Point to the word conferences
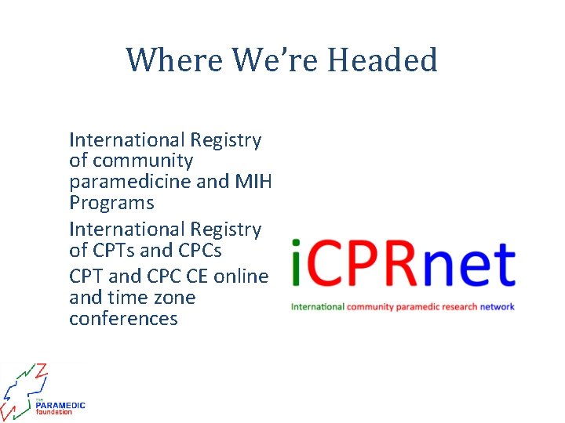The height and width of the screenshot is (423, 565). [123, 319]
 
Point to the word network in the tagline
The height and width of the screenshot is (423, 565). [498, 306]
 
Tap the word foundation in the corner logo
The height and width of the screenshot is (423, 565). [53, 412]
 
